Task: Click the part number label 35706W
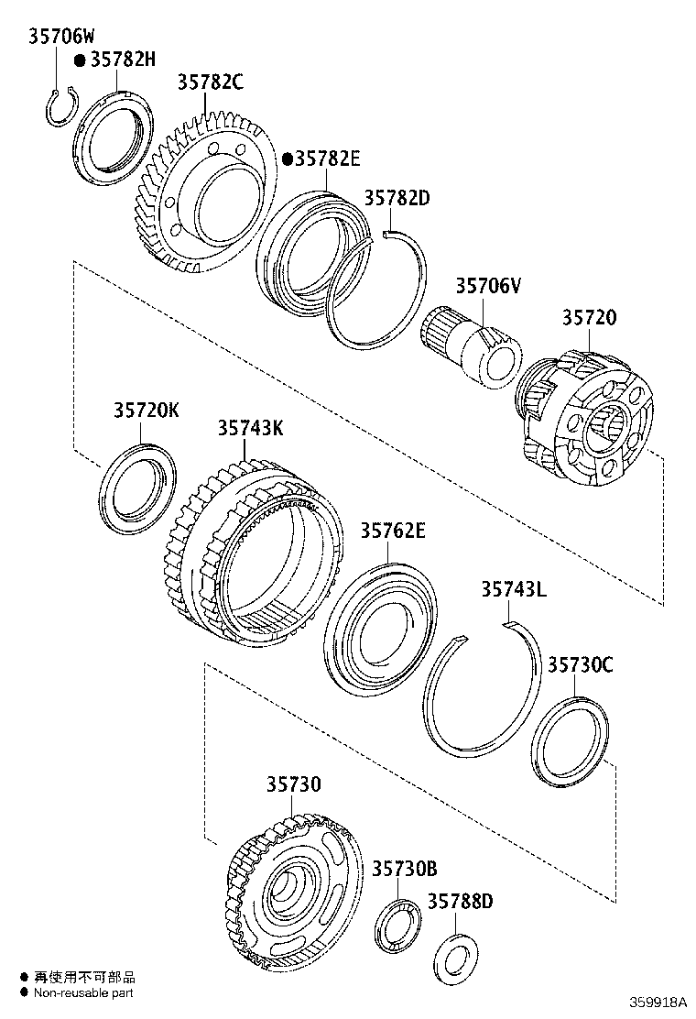61,37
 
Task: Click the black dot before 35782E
287,159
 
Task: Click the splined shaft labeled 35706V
472,348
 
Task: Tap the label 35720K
147,411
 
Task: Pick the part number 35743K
250,428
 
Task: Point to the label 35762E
392,531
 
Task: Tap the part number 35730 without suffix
294,785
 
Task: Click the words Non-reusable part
83,992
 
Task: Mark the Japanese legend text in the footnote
84,977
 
